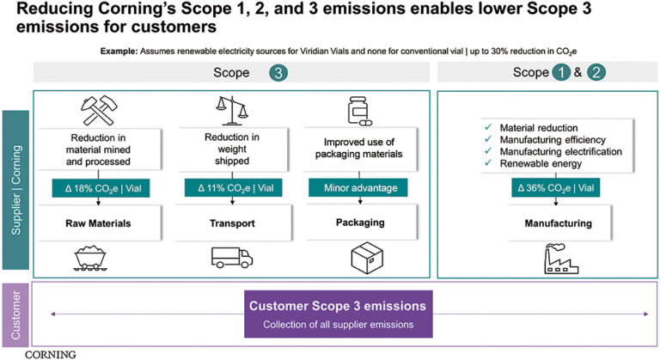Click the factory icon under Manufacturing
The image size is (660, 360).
(547, 257)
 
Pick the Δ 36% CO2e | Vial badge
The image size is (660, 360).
(547, 185)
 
